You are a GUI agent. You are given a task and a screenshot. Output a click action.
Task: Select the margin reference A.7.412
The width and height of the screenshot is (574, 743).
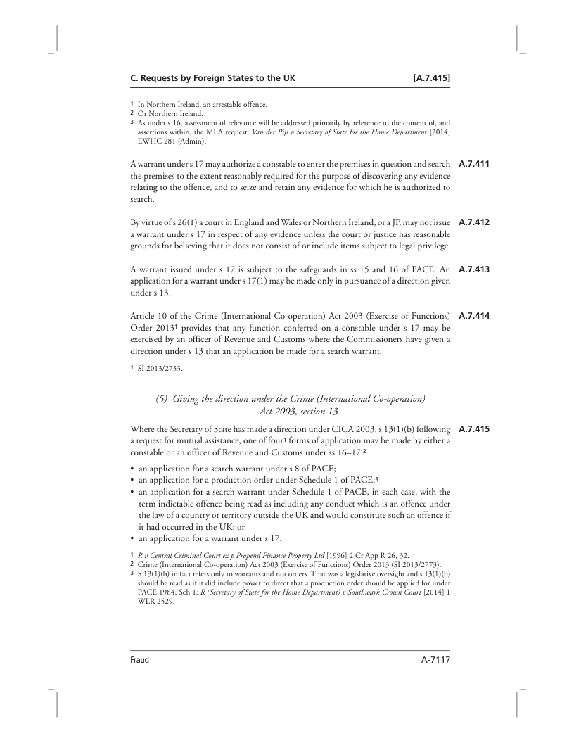[473, 223]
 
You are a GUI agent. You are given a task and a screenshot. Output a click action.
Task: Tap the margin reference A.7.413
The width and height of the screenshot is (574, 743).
[473, 268]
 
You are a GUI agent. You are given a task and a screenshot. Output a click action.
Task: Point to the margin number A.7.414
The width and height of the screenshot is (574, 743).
[473, 315]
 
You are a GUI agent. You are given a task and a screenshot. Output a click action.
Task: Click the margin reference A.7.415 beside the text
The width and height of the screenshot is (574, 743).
[473, 428]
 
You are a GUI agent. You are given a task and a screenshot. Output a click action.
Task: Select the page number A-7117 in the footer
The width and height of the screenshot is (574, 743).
[431, 660]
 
